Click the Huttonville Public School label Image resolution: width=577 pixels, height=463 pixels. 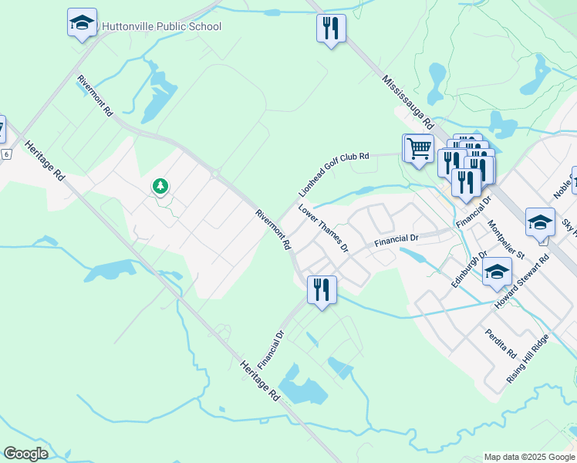pyautogui.click(x=161, y=27)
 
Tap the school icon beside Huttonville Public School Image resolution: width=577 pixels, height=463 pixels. pyautogui.click(x=82, y=22)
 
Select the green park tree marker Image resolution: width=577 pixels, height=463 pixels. pyautogui.click(x=160, y=186)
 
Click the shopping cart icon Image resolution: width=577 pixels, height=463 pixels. pyautogui.click(x=419, y=147)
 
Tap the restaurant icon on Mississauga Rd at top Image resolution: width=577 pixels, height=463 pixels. pyautogui.click(x=331, y=29)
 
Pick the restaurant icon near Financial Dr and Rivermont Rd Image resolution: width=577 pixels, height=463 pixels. pyautogui.click(x=320, y=289)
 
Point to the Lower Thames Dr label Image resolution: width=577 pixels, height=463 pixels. pyautogui.click(x=324, y=228)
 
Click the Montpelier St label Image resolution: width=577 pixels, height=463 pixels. pyautogui.click(x=506, y=239)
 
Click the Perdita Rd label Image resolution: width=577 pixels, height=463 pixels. pyautogui.click(x=501, y=343)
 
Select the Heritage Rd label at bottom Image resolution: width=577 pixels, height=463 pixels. pyautogui.click(x=258, y=380)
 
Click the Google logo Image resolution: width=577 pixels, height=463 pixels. pyautogui.click(x=25, y=454)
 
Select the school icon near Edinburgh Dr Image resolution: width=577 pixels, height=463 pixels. pyautogui.click(x=497, y=272)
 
